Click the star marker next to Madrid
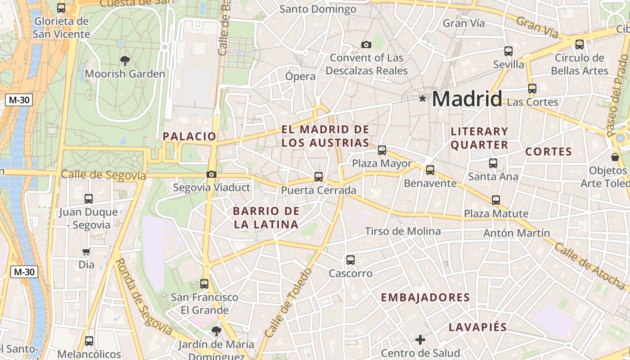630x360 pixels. tap(422, 98)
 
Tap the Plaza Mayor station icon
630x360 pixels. tap(382, 150)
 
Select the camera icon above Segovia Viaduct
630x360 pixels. tap(211, 175)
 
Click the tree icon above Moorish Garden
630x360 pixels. tap(125, 60)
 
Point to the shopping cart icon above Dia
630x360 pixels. tap(86, 252)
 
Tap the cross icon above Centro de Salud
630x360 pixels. tap(420, 340)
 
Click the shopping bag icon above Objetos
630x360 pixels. tap(615, 157)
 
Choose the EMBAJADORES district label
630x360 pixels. tap(425, 297)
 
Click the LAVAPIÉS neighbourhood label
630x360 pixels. tap(478, 327)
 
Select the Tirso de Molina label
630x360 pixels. tap(403, 231)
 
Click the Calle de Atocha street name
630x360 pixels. tap(589, 266)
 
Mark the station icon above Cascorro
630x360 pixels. tap(351, 260)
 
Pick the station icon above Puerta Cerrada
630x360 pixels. tap(319, 177)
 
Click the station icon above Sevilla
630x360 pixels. tap(508, 51)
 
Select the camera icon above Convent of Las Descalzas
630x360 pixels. tap(366, 45)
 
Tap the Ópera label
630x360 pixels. tap(300, 76)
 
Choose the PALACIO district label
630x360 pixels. tap(189, 136)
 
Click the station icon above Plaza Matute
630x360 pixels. tap(496, 200)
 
